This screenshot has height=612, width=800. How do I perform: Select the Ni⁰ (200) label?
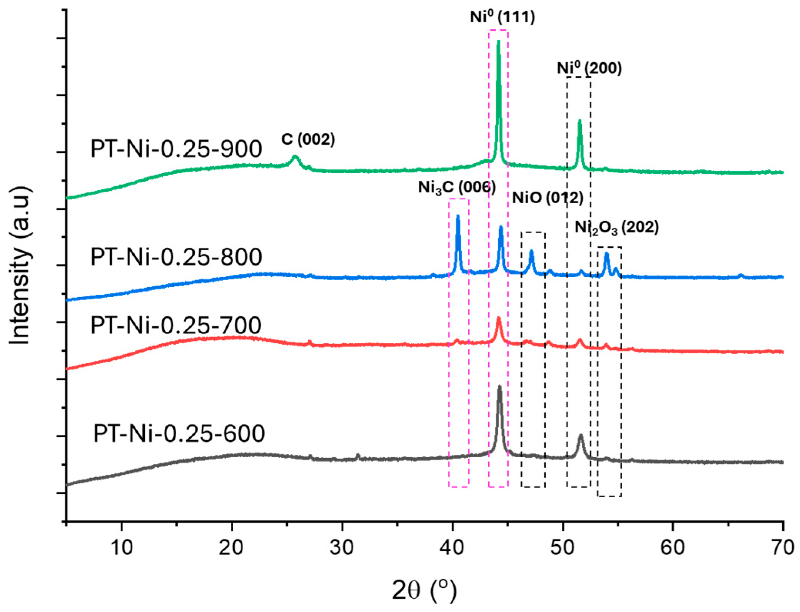click(x=589, y=68)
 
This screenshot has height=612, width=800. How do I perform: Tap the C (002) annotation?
click(x=308, y=139)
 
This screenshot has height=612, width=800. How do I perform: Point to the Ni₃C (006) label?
click(x=457, y=187)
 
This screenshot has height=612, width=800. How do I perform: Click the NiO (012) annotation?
click(x=547, y=198)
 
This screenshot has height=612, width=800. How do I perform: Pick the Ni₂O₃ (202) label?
click(x=616, y=227)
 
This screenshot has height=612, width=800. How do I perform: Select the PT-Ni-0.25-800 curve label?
click(x=176, y=257)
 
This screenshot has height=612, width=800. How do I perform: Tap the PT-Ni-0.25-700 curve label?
click(x=176, y=325)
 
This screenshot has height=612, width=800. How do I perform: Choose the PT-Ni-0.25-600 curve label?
click(x=179, y=433)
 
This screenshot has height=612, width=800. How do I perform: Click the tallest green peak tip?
click(x=498, y=41)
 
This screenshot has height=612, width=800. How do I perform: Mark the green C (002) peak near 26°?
click(x=295, y=156)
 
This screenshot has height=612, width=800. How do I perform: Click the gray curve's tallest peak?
click(x=499, y=386)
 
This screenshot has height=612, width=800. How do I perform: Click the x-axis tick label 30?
click(x=342, y=548)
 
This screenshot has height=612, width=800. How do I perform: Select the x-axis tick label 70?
click(x=783, y=548)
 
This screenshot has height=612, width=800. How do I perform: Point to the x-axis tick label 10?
click(x=122, y=548)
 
